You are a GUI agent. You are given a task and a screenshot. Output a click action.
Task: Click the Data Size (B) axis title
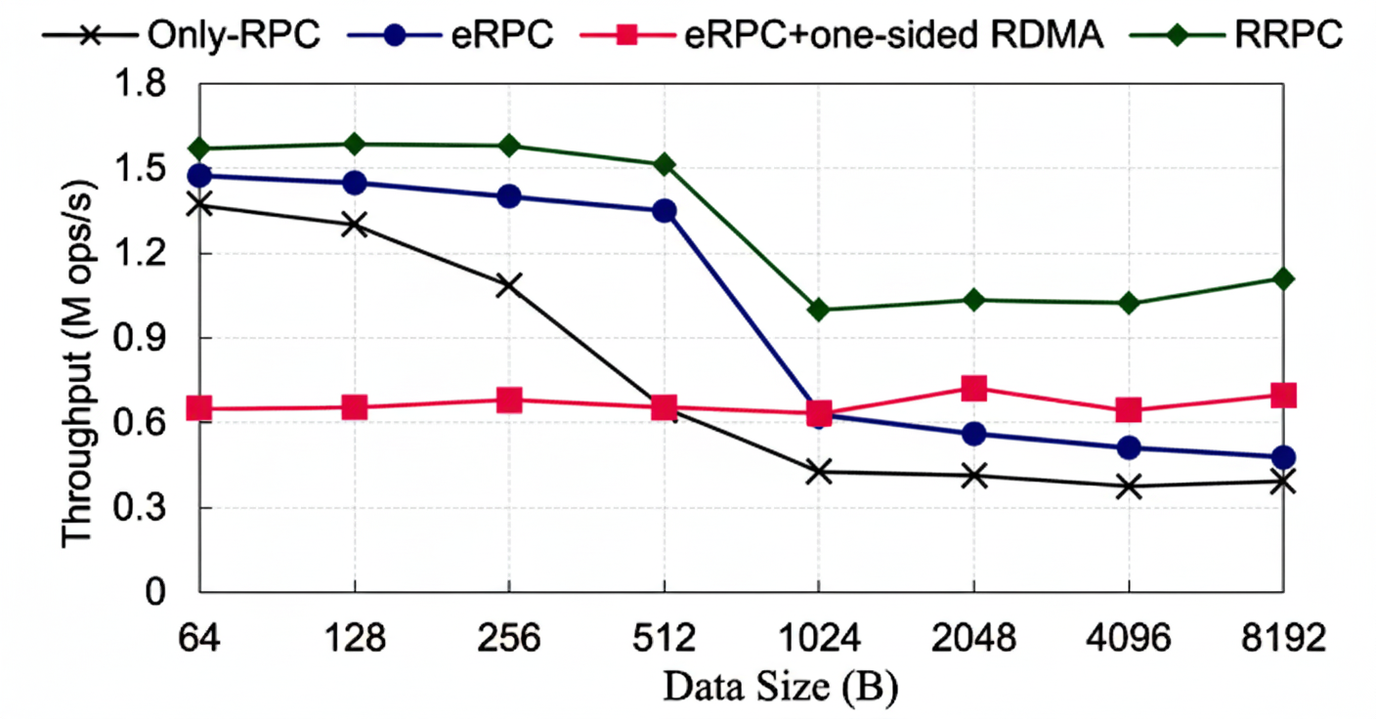[x=780, y=687]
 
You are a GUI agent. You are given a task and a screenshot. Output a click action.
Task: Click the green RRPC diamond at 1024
[x=819, y=310]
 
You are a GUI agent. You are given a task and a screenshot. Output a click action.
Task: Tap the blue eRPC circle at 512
[x=665, y=211]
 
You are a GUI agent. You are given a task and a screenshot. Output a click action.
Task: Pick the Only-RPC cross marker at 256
[x=509, y=285]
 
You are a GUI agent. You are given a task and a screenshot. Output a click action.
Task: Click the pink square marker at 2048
[x=973, y=388]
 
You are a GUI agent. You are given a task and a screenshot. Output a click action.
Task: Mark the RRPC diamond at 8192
[x=1283, y=279]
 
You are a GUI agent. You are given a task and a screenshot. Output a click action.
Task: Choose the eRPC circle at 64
[x=199, y=176]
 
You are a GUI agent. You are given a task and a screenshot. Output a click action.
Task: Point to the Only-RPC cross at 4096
[x=1129, y=486]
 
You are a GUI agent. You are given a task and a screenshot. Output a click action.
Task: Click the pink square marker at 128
[x=354, y=407]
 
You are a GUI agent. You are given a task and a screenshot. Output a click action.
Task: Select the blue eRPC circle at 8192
[x=1283, y=457]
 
